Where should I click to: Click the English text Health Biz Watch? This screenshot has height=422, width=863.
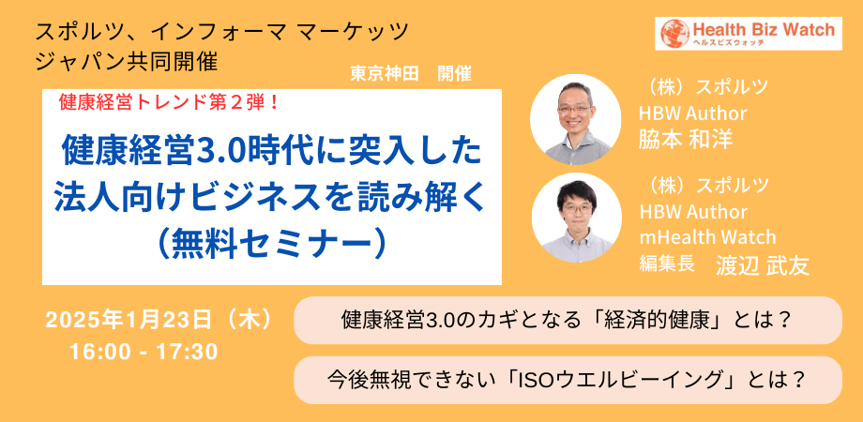click(x=764, y=29)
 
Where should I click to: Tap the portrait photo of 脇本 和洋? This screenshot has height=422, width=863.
click(x=576, y=119)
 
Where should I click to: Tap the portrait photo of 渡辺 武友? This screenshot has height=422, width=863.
click(x=576, y=218)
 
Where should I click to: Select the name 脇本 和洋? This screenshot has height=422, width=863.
click(x=685, y=139)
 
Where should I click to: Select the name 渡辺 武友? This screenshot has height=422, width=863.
click(x=763, y=265)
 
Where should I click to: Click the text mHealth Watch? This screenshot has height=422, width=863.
click(x=707, y=237)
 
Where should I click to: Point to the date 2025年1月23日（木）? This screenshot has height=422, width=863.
click(x=159, y=320)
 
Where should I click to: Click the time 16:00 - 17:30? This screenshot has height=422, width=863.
click(x=144, y=353)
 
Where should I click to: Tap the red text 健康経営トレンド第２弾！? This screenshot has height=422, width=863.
click(x=171, y=102)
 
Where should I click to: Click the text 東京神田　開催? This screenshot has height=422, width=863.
click(x=411, y=74)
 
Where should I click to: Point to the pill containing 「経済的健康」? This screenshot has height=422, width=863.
click(x=568, y=320)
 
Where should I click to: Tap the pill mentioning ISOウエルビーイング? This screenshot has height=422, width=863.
click(x=568, y=380)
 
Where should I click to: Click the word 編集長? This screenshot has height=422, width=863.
click(x=665, y=264)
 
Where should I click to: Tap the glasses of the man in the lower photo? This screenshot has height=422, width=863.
click(x=576, y=210)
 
